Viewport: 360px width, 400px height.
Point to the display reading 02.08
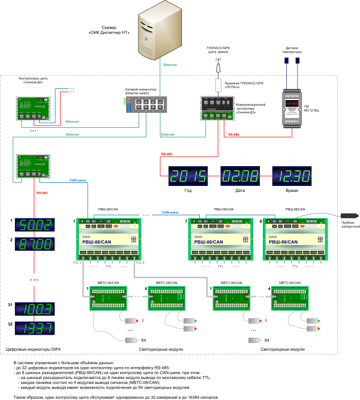[x=240, y=177]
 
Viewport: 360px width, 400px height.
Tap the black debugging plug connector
[x=350, y=215]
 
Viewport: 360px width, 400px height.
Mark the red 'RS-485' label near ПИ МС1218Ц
[x=236, y=135]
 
